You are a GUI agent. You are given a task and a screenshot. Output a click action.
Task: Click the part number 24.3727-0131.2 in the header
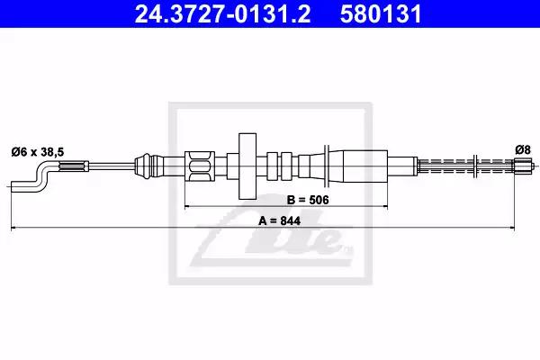coord(222,13)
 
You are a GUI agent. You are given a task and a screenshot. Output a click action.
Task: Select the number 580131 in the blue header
coord(381,13)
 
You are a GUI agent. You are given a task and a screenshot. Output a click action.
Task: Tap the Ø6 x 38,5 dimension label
coord(38,152)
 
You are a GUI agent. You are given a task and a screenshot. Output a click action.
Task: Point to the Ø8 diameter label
coord(523,150)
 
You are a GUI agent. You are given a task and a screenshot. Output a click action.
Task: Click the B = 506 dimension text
coord(308,200)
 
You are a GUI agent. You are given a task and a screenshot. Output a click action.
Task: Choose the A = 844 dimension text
coord(279,220)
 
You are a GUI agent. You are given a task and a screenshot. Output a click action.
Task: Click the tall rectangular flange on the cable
coord(247,166)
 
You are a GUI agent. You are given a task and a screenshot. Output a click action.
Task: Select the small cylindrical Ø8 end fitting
coord(523,166)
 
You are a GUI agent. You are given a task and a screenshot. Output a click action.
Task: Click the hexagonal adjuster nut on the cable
coord(200,166)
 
